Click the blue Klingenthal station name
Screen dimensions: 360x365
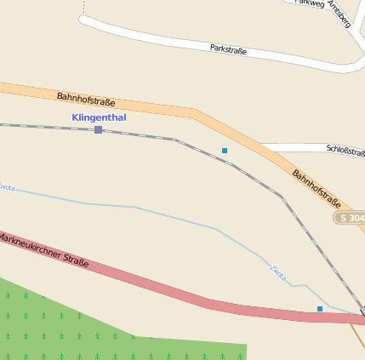[x=99, y=117]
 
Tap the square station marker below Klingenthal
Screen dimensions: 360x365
[x=99, y=129]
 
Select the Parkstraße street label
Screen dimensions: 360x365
[x=228, y=49]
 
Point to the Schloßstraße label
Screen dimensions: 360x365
[x=345, y=150]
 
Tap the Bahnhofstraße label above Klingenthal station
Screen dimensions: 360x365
[x=86, y=100]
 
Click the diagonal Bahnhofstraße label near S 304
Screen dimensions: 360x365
[x=317, y=189]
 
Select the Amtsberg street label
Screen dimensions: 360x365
[x=339, y=14]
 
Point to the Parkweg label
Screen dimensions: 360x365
[x=309, y=3]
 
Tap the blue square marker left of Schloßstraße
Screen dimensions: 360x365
[x=225, y=151]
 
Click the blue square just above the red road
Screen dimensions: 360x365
[x=320, y=308]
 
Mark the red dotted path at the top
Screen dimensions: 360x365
[x=84, y=8]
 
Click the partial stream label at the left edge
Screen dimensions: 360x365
[x=7, y=186]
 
